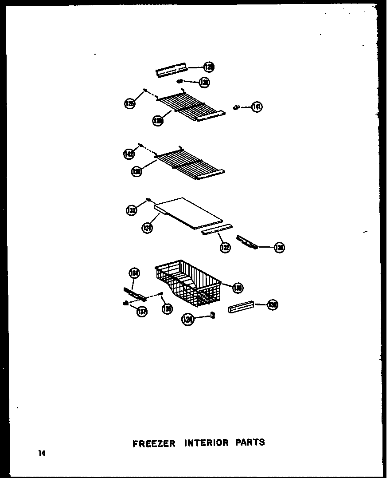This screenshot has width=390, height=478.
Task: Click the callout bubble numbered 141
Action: tap(257, 107)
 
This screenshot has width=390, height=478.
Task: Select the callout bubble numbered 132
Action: tap(225, 247)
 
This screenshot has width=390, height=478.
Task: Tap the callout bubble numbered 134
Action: tap(134, 273)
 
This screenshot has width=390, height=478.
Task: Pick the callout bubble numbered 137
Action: tap(142, 312)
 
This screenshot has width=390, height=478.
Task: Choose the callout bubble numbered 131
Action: tap(147, 228)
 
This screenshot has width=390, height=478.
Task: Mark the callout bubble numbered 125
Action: tap(129, 104)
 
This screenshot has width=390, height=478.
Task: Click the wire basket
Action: tap(188, 284)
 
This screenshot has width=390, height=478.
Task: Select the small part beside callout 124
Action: tap(213, 316)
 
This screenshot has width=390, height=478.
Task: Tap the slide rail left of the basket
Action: tap(134, 293)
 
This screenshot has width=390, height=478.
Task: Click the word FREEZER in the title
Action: tap(154, 443)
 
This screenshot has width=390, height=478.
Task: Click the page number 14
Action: tap(42, 453)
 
